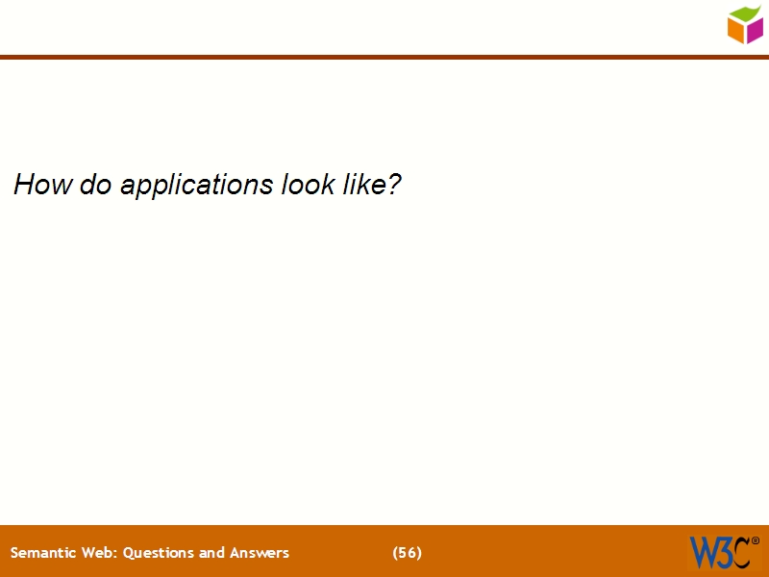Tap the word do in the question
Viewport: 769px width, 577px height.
click(x=96, y=184)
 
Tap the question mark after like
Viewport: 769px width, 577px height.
click(x=393, y=184)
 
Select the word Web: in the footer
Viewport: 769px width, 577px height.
click(x=98, y=553)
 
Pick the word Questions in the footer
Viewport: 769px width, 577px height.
click(x=159, y=553)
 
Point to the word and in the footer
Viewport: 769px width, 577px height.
click(x=212, y=553)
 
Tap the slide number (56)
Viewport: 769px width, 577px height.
click(x=408, y=553)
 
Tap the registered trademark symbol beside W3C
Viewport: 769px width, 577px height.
click(x=755, y=540)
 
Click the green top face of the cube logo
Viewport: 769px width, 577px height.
click(x=746, y=13)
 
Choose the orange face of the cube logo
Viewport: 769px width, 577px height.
click(x=736, y=31)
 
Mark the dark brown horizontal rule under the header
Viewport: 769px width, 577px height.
click(x=384, y=58)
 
